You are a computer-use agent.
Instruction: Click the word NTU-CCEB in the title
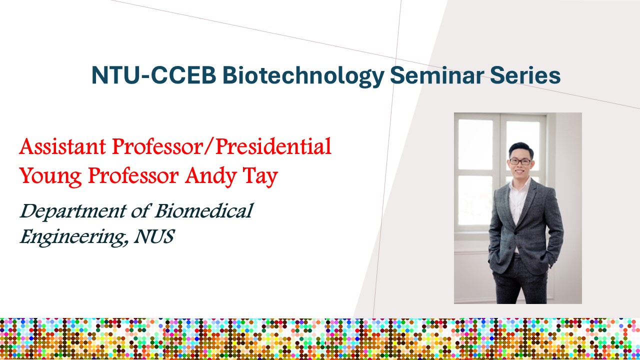(153, 75)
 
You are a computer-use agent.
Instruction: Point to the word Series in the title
(525, 75)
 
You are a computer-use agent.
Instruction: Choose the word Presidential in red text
(273, 146)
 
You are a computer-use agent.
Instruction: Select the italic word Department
(73, 211)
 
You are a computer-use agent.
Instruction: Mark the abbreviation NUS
(154, 236)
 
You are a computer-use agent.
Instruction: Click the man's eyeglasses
(520, 161)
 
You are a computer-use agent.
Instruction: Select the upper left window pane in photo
(475, 144)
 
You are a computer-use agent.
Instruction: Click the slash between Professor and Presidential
(208, 147)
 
